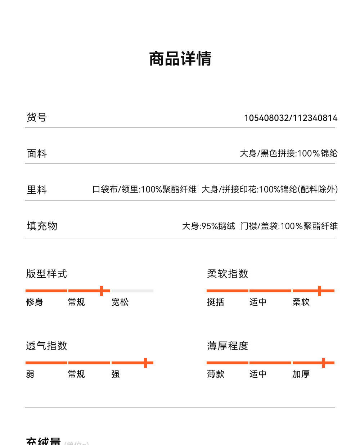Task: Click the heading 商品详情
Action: tap(180, 59)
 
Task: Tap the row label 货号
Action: tap(37, 117)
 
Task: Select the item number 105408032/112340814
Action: tap(291, 118)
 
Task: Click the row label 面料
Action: tap(37, 154)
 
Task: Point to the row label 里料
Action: tap(37, 190)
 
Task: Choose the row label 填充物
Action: tap(42, 226)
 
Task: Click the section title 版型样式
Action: tap(46, 274)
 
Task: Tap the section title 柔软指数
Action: tap(228, 274)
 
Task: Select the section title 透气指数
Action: tap(46, 346)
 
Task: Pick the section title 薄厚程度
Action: tap(228, 346)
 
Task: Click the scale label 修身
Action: tap(35, 302)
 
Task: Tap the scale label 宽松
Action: tap(120, 302)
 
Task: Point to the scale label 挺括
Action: tap(216, 302)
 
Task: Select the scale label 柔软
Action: tap(301, 302)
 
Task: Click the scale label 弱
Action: tap(30, 374)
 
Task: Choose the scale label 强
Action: tap(116, 374)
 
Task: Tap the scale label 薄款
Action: tap(216, 374)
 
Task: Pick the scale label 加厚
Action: tap(301, 374)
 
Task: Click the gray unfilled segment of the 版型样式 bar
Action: tap(132, 291)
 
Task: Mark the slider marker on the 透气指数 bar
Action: tap(145, 363)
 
